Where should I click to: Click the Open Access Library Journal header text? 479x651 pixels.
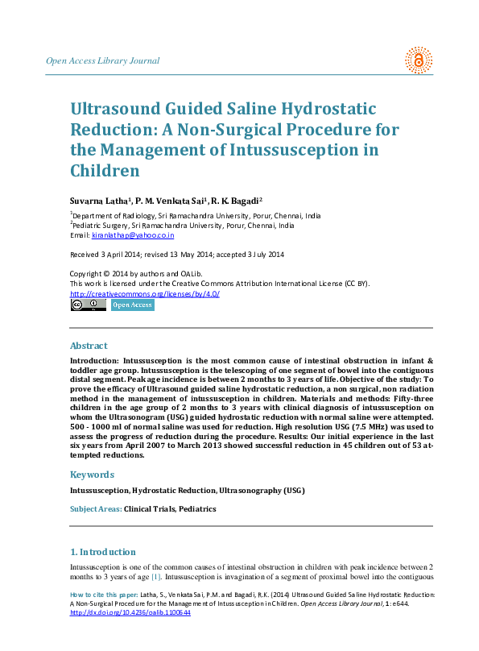pos(103,61)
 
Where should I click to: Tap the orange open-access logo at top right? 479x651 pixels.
pos(418,60)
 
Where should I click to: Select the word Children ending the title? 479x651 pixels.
pos(105,171)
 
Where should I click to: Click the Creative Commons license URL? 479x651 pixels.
pos(145,294)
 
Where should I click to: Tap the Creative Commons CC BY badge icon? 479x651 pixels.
pos(88,305)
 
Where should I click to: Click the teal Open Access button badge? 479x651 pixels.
pos(132,305)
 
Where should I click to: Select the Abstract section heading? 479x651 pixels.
pos(89,346)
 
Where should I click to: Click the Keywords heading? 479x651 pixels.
pos(92,475)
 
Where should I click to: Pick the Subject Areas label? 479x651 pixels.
pos(96,509)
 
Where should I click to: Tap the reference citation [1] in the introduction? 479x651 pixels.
pos(157,577)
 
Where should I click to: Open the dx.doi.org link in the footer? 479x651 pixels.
pos(130,613)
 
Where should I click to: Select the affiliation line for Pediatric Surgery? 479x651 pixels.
pos(182,226)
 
